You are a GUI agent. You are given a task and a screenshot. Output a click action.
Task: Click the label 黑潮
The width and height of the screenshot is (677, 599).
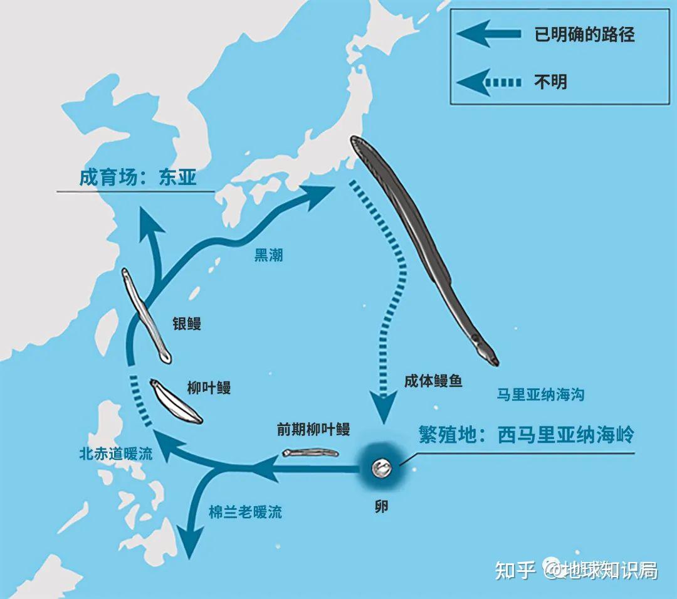pyautogui.click(x=268, y=255)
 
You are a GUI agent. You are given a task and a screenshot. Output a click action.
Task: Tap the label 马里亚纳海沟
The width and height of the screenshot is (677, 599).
pyautogui.click(x=540, y=395)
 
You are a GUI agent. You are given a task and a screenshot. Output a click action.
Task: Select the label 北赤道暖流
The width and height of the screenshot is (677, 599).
pyautogui.click(x=116, y=454)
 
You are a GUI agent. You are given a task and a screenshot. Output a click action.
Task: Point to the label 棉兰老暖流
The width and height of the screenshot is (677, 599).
pyautogui.click(x=245, y=512)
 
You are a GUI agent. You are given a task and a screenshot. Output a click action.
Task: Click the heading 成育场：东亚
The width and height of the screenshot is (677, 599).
pyautogui.click(x=138, y=177)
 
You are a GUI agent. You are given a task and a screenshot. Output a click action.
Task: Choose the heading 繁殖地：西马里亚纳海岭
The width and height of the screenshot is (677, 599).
pyautogui.click(x=527, y=435)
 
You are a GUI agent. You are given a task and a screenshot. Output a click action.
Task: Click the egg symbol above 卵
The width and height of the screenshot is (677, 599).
pyautogui.click(x=380, y=467)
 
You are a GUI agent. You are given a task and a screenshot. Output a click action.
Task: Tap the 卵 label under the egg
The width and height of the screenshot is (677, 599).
pyautogui.click(x=380, y=506)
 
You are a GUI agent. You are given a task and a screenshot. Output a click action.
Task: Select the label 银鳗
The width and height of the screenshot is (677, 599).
pyautogui.click(x=187, y=324)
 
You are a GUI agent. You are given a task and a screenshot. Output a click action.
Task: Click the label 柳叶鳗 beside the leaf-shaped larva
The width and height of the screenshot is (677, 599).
pyautogui.click(x=209, y=388)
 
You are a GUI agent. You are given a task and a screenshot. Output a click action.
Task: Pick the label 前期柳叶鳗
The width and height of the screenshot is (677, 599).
pyautogui.click(x=313, y=430)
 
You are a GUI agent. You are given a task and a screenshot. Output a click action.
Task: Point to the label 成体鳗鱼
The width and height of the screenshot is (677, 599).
pyautogui.click(x=433, y=380)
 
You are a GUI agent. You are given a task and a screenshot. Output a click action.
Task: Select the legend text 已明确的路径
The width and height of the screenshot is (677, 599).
pyautogui.click(x=584, y=34)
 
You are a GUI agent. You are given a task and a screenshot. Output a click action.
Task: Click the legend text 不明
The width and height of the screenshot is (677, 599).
pyautogui.click(x=550, y=82)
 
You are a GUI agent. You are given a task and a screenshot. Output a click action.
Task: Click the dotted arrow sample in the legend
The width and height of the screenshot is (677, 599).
pyautogui.click(x=489, y=82)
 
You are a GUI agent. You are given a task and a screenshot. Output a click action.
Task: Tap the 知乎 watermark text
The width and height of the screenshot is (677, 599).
pyautogui.click(x=515, y=570)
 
